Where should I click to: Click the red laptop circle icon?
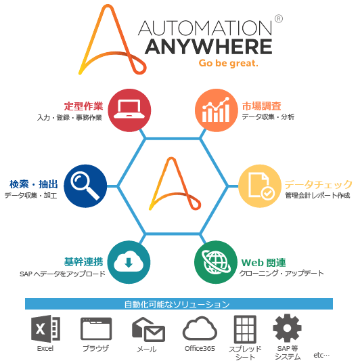coord(129,110)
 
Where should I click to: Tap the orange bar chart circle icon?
coord(217,110)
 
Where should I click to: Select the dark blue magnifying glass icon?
coord(85,186)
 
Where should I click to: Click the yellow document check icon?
coord(260,186)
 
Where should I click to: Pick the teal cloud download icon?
coord(129,262)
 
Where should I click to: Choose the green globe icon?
coord(216,262)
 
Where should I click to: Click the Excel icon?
coord(45,328)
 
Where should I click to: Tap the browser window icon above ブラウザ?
coord(96,328)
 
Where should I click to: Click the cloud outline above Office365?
coord(200,328)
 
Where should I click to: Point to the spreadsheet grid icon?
coord(245,329)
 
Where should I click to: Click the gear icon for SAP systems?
coord(287,328)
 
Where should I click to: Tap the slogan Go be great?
coord(229,63)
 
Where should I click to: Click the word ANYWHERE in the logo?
coord(208,47)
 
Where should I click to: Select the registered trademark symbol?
coord(279,19)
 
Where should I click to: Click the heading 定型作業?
coord(83,106)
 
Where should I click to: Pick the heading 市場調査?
coord(262,106)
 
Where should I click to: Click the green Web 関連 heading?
coord(264,263)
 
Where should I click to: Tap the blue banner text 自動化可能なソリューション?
coord(177,304)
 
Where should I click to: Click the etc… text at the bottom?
coord(321,355)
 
